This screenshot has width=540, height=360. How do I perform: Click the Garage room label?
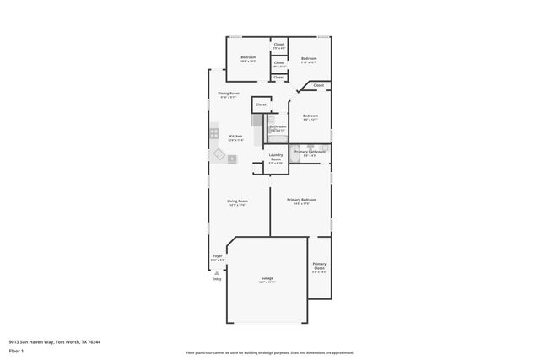coord(267,278)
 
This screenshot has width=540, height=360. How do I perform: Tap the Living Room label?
coord(237,201)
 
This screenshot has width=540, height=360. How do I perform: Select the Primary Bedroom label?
coord(301,200)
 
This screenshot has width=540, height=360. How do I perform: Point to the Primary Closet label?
coord(319,267)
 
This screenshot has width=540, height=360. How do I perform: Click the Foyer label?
coord(217,256)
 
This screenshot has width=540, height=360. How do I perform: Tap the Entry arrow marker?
coord(217,272)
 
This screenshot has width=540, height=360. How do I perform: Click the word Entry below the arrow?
coord(217,279)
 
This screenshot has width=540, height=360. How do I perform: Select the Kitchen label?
coord(235,137)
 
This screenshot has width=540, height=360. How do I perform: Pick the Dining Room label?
coord(229,94)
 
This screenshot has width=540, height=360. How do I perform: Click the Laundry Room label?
coord(275,158)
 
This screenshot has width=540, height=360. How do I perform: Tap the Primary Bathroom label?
coord(309,152)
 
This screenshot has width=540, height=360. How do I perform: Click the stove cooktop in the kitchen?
coord(214,133)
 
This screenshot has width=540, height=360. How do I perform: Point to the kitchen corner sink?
coord(219,153)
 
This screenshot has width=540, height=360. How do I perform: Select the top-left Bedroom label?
coord(248,58)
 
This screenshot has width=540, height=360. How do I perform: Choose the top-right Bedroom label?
coord(309,59)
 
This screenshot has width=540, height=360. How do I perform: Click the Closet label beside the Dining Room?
coord(261,105)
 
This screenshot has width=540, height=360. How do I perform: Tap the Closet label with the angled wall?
coord(318,85)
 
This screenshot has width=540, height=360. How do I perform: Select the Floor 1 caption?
coord(16,351)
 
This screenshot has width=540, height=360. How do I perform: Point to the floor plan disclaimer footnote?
coord(269,352)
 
